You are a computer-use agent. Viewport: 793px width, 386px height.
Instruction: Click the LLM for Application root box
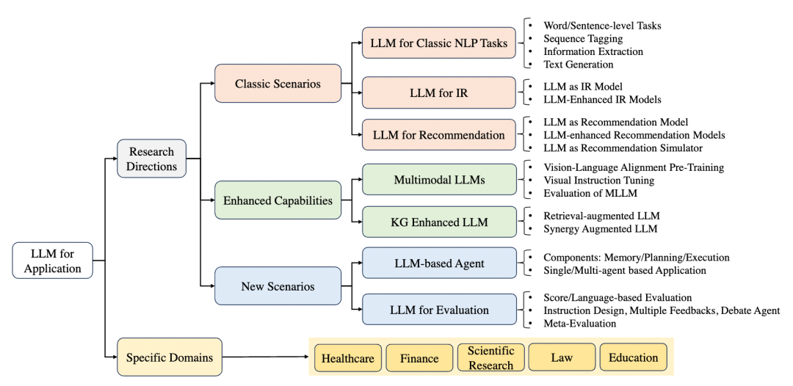pos(53,261)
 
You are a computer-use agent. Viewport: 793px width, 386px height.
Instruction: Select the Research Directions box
pos(152,159)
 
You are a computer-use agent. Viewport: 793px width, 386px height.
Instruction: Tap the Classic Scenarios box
pos(278,84)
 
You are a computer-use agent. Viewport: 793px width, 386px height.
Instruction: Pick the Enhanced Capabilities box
pos(278,200)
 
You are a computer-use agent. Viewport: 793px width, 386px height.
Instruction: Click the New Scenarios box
pos(278,286)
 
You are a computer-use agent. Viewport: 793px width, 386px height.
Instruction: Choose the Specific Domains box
pos(170,358)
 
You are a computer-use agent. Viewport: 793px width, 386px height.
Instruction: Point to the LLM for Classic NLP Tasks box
pos(438,43)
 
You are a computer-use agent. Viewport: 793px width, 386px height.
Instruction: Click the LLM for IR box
pos(438,92)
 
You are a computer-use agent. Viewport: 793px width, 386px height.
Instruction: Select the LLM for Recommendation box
pos(438,135)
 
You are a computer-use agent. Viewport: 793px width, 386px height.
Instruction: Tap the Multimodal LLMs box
pos(438,179)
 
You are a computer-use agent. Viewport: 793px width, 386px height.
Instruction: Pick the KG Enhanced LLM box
pos(438,222)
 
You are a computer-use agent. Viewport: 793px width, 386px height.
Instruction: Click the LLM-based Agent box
pos(438,263)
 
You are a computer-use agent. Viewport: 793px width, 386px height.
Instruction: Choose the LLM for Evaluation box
pos(438,310)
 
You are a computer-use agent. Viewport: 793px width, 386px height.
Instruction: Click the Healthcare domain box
pos(348,358)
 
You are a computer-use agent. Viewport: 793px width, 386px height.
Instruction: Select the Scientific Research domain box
pos(490,358)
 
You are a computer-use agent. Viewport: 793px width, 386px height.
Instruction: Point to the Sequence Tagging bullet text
pos(583,39)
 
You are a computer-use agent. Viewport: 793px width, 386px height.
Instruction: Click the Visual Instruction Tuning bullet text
pos(598,181)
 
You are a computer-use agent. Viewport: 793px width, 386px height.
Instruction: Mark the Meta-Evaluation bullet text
pos(580,323)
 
